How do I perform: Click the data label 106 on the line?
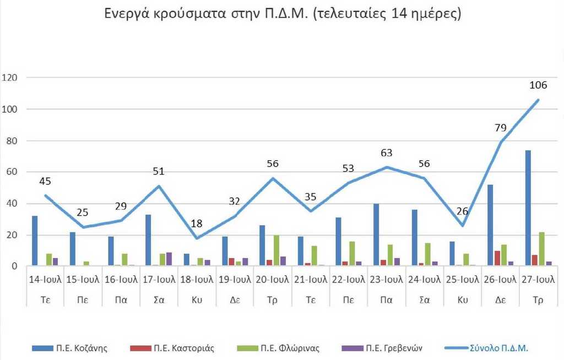pos(538,85)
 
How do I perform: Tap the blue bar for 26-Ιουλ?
pos(490,225)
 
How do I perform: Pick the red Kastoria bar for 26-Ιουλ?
pos(497,258)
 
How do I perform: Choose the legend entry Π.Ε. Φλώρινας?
pos(273,348)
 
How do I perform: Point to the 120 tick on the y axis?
pos(10,78)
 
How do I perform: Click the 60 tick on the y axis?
pos(13,172)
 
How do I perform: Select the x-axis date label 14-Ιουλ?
pos(45,280)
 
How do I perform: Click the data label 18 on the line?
pos(197,223)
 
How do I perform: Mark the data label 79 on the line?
pos(500,128)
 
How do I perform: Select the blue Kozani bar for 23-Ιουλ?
pos(376,235)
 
